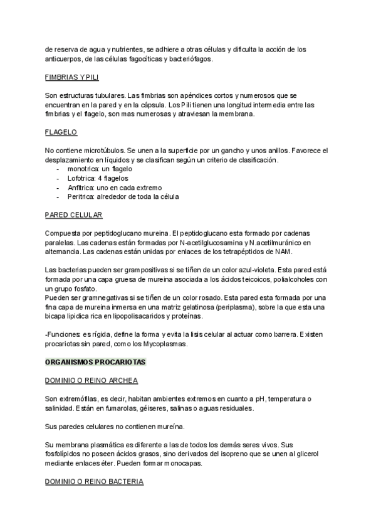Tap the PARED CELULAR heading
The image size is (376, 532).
coord(74,215)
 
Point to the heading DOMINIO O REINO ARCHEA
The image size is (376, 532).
coord(91,381)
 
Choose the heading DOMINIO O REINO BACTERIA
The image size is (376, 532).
coord(95,482)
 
